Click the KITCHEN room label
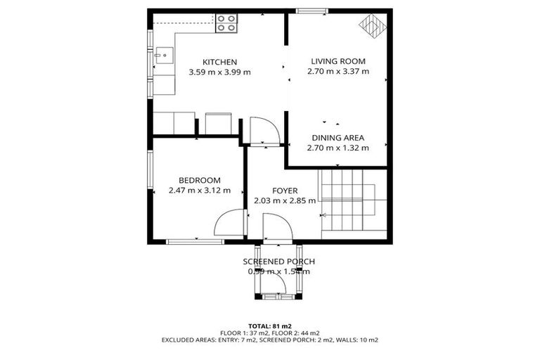pos(219,62)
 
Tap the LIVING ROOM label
pos(338,61)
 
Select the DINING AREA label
pos(337,138)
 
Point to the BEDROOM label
pos(199,180)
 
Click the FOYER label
pos(284,191)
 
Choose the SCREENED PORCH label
pos(278,262)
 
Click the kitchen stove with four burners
pos(226,23)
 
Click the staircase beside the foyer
pos(352,200)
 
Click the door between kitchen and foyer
pos(265,131)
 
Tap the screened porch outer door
pos(279,284)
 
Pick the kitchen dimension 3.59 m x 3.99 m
pos(219,72)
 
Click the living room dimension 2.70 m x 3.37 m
pos(338,71)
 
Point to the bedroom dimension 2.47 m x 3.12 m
pos(199,190)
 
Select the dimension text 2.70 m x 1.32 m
pos(337,148)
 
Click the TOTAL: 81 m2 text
pos(270,326)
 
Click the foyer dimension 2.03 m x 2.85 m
pos(284,200)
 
